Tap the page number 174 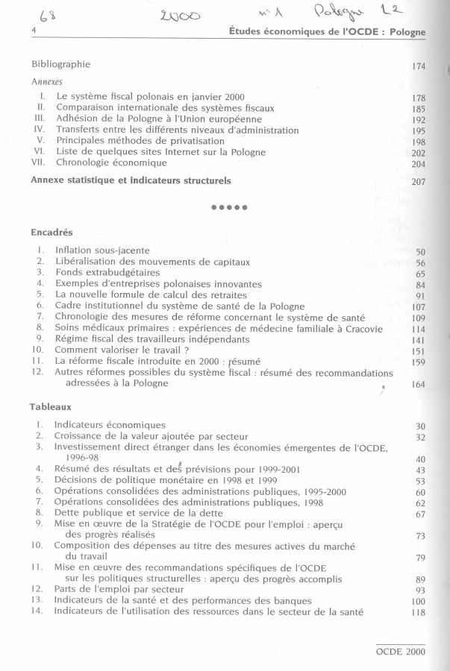(418, 67)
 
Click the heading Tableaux (51, 408)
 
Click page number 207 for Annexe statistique (418, 181)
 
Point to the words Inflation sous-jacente (102, 250)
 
